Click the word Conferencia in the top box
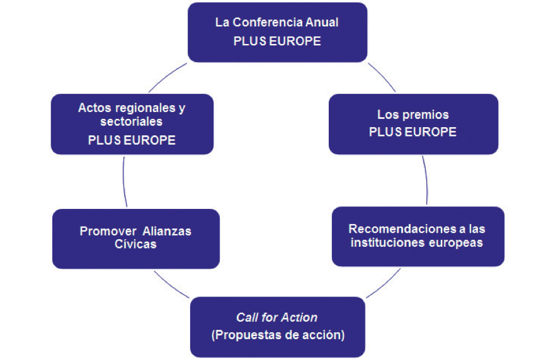(267, 23)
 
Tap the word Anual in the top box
(322, 23)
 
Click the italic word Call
(248, 317)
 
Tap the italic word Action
(300, 317)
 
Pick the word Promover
(108, 231)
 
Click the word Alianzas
(167, 231)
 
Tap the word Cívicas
(135, 244)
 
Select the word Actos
(95, 108)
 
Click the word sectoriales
(132, 121)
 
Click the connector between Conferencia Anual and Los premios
(382, 77)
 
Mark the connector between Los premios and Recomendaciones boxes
(426, 180)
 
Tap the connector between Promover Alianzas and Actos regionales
(124, 182)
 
